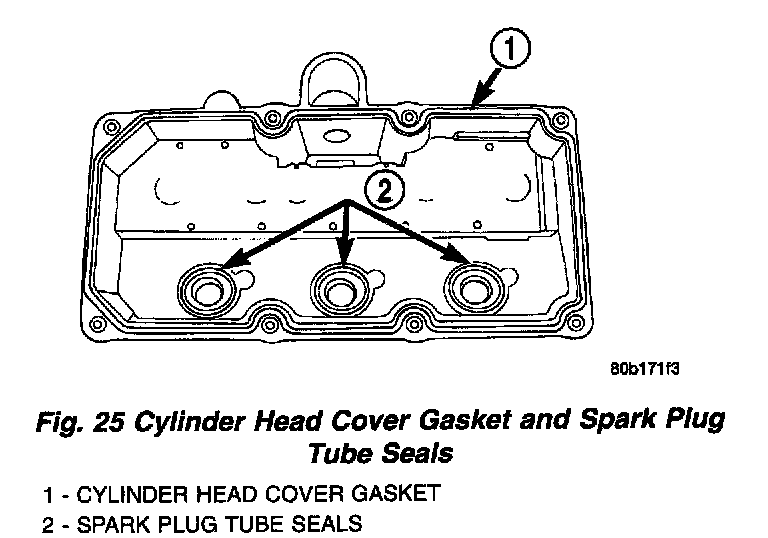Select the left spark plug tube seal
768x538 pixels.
[x=208, y=290]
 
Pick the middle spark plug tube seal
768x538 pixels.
[x=342, y=290]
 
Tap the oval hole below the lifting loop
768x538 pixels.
[x=337, y=136]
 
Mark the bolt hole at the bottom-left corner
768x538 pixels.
[x=96, y=322]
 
